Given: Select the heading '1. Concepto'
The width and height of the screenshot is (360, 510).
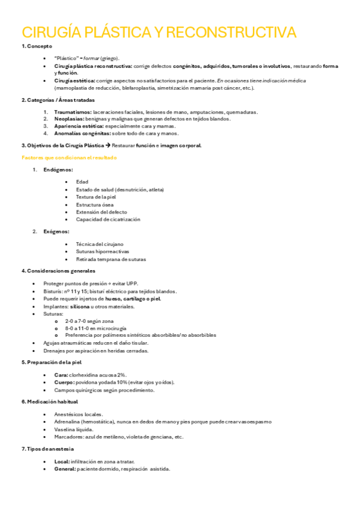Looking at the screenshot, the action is tap(37, 46).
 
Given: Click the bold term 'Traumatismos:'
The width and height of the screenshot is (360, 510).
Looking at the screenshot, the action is tap(73, 112).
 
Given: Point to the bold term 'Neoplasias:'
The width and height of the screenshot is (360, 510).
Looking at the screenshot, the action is tap(70, 119).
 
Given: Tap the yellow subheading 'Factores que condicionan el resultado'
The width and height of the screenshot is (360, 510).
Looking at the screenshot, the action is tap(69, 158).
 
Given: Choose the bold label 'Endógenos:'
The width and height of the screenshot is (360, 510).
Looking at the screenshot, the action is tap(58, 170).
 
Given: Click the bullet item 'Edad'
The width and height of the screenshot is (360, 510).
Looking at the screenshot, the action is tap(82, 182).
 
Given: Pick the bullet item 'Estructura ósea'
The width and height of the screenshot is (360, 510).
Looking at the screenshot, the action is tap(94, 204).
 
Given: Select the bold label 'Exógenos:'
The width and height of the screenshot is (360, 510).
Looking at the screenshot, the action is tap(56, 232).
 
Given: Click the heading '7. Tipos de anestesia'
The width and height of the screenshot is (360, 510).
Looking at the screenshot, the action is tap(47, 449).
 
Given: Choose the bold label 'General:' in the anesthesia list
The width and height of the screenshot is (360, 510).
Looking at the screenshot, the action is tap(65, 469).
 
